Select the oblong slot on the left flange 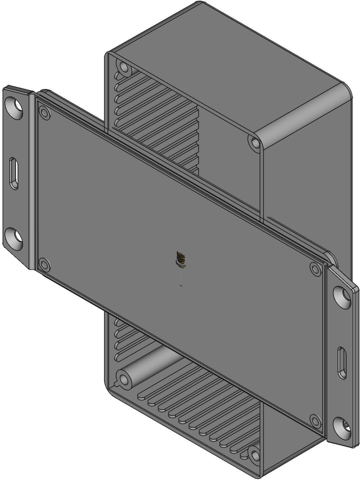pos(14,173)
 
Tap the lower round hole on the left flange pos(14,238)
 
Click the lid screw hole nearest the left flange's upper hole pos(44,113)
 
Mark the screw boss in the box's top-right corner pos(255,143)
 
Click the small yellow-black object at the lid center pos(181,260)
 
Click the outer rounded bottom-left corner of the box pos(110,390)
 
